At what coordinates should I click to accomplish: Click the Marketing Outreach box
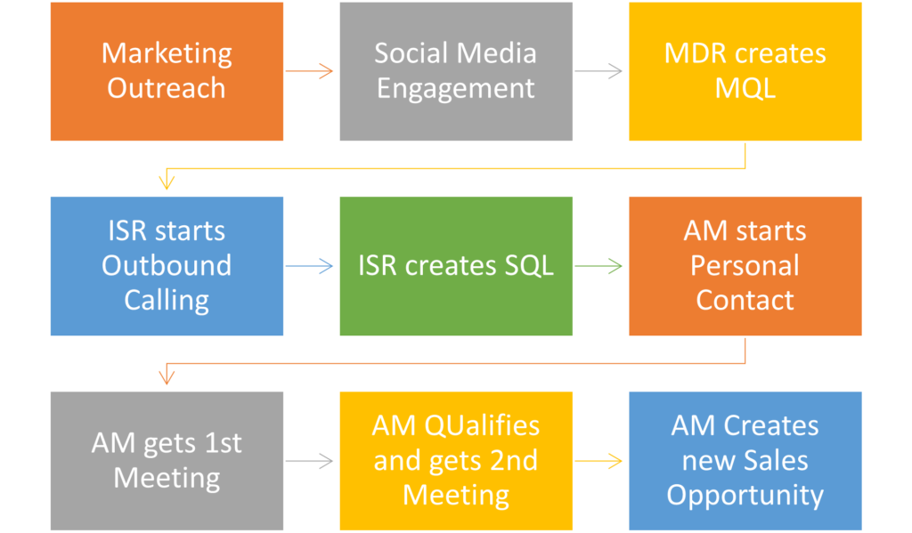[167, 71]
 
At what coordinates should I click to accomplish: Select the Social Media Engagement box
[456, 71]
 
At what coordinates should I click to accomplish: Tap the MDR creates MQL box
[745, 71]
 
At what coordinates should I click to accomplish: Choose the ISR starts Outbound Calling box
[167, 266]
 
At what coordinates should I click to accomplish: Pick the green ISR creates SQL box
[456, 266]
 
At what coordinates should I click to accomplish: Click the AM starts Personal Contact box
[745, 266]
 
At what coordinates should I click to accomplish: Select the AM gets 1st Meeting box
[167, 461]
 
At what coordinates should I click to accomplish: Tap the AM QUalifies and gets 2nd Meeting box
[456, 461]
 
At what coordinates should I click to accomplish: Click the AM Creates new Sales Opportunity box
[745, 461]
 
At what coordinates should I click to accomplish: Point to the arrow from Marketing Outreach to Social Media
[309, 71]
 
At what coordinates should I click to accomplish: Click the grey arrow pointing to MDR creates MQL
[598, 71]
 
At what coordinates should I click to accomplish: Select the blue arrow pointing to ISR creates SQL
[309, 266]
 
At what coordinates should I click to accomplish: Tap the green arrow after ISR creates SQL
[598, 266]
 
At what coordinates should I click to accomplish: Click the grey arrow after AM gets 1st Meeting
[309, 461]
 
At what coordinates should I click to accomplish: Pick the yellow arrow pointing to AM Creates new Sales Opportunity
[598, 461]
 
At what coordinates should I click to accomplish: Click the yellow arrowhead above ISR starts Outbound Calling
[167, 183]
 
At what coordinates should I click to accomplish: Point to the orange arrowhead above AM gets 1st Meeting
[167, 378]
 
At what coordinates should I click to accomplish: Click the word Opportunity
[745, 496]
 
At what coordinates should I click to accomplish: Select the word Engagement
[455, 89]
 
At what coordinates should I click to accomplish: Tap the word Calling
[167, 301]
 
